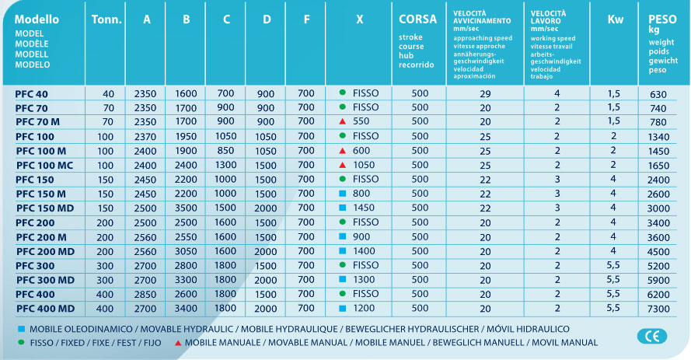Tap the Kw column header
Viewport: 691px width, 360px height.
point(614,19)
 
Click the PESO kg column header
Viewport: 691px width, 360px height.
point(657,24)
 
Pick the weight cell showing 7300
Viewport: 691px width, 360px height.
point(658,309)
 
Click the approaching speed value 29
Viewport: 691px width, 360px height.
point(485,93)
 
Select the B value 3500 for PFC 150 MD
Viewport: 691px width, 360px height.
point(186,208)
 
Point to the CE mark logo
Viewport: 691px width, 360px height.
point(651,336)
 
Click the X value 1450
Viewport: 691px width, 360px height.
point(363,208)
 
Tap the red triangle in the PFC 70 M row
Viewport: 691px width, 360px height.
point(342,122)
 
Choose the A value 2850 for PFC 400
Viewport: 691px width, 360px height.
point(145,295)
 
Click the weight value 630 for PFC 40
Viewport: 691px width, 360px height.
point(658,93)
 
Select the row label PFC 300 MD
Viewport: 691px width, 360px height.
point(45,280)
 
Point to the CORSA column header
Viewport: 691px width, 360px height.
point(417,19)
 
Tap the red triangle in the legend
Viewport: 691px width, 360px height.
point(178,343)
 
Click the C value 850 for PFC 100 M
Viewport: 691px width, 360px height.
point(225,151)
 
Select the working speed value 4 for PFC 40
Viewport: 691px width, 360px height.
point(557,93)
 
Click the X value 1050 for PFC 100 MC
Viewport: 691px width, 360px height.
point(363,165)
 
